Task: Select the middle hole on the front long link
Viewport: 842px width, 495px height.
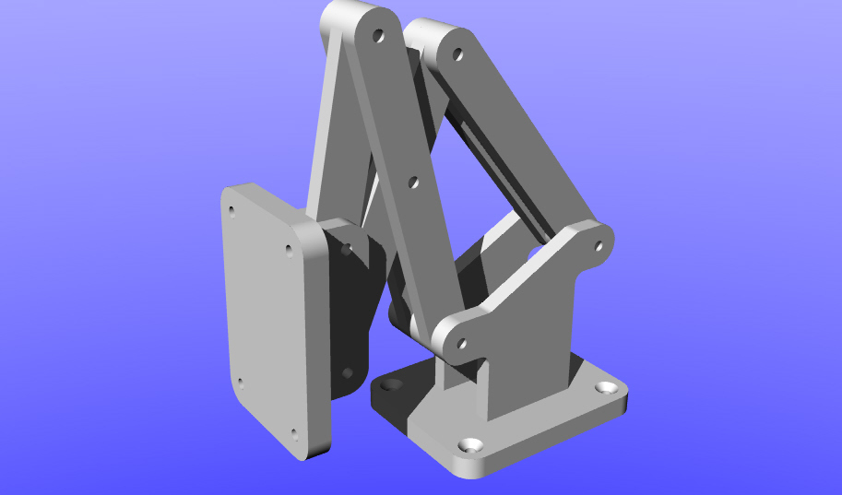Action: [413, 183]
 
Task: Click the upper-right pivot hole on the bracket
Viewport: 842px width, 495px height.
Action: [598, 246]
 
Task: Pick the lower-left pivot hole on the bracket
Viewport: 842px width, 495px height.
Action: [461, 344]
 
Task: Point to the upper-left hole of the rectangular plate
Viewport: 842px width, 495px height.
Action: [231, 210]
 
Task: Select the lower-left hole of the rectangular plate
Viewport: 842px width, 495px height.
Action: [240, 383]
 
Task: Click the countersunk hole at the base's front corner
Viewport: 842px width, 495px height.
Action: [472, 445]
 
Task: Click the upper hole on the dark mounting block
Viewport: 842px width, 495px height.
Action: [346, 249]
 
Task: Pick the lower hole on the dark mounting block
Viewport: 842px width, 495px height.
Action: [347, 373]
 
